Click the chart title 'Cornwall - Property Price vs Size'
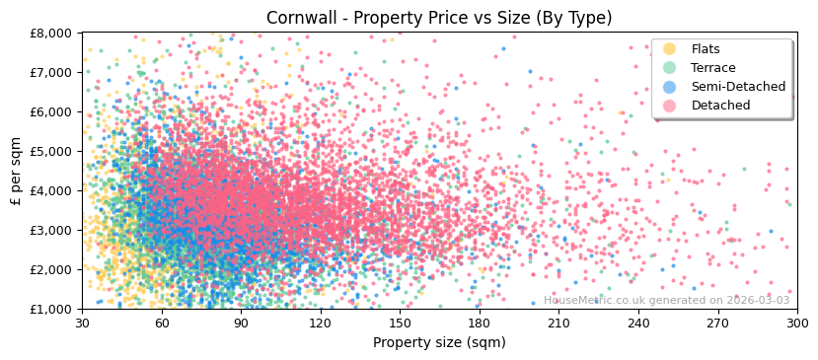(x=439, y=18)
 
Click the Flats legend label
(x=706, y=49)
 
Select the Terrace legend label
(x=712, y=68)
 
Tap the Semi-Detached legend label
(x=738, y=87)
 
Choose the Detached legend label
(x=720, y=106)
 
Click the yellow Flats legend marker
(x=670, y=49)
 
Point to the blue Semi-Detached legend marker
(x=670, y=87)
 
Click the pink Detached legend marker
(x=670, y=106)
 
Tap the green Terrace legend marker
(x=670, y=68)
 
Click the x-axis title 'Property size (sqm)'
(x=439, y=342)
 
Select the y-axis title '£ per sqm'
(x=16, y=171)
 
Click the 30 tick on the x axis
(x=83, y=323)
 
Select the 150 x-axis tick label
(x=400, y=323)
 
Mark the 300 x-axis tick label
(x=796, y=323)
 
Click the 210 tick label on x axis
(x=558, y=323)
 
